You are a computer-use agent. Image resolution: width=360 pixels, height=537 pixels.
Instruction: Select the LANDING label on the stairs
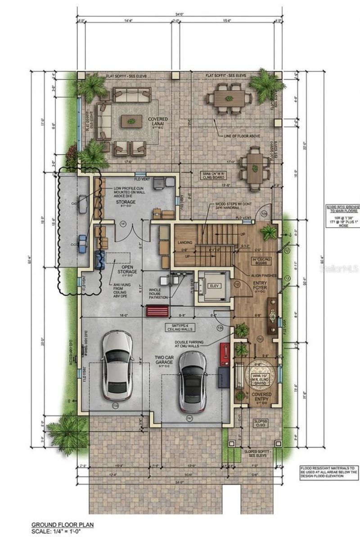(184, 243)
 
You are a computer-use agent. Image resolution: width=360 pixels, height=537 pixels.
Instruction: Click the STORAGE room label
(126, 202)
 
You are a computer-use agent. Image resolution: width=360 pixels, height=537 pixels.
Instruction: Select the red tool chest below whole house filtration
(156, 311)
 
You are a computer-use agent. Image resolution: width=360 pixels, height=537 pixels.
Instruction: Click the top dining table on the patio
(229, 99)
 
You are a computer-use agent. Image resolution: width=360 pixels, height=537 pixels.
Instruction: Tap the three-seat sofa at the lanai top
(131, 95)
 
